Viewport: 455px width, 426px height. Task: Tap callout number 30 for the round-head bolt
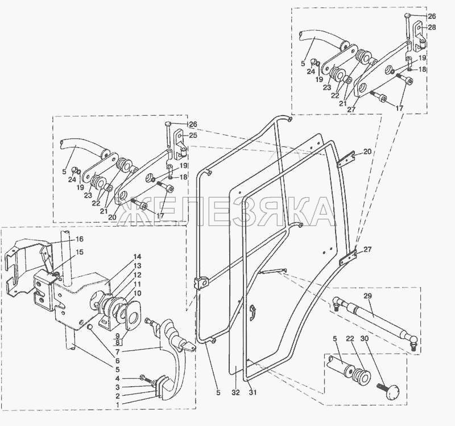point(365,339)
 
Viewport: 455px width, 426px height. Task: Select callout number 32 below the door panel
point(235,392)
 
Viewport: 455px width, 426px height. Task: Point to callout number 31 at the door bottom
point(253,392)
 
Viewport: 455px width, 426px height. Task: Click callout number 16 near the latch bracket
point(80,239)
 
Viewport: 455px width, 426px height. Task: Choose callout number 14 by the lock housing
point(137,257)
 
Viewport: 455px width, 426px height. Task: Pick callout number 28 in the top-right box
point(432,27)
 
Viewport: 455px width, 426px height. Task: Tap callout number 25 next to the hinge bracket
point(193,135)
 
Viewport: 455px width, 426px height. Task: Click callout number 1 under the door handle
point(117,404)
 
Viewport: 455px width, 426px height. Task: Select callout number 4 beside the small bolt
point(117,379)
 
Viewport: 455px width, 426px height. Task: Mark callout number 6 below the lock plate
point(117,361)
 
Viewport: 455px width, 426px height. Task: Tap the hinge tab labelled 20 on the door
point(346,159)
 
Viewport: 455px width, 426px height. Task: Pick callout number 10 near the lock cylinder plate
point(137,293)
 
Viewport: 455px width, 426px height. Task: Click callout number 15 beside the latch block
point(80,252)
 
